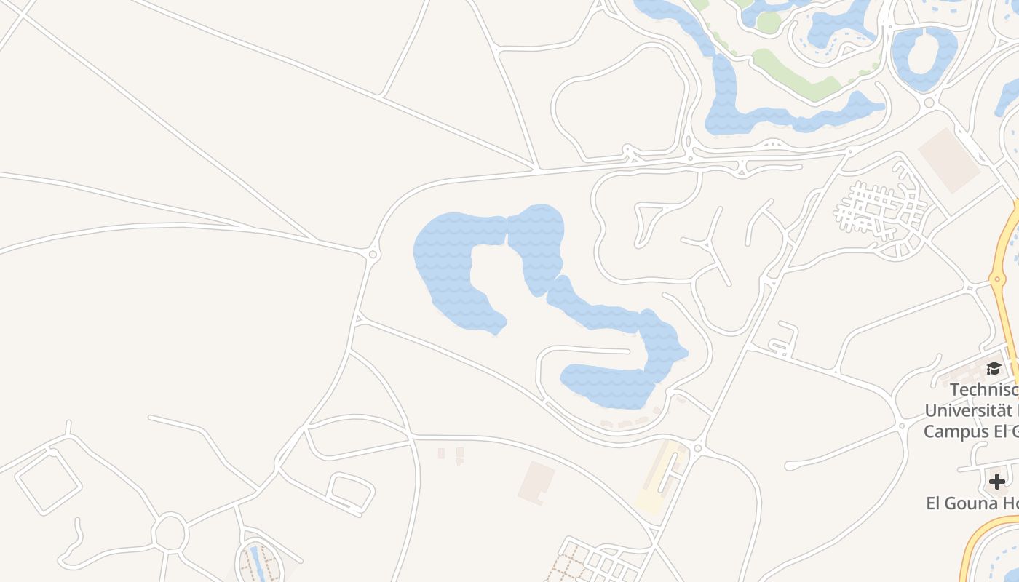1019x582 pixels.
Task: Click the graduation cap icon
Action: pyautogui.click(x=994, y=368)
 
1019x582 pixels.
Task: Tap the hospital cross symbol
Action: pyautogui.click(x=997, y=481)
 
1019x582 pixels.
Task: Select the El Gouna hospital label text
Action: pyautogui.click(x=972, y=503)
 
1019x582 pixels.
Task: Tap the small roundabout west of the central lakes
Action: pyautogui.click(x=373, y=254)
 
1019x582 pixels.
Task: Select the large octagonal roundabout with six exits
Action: pyautogui.click(x=170, y=533)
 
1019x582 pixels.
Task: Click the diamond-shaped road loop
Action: pyautogui.click(x=48, y=482)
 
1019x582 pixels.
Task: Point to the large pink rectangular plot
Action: pyautogui.click(x=949, y=160)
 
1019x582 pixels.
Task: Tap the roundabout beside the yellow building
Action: pyautogui.click(x=697, y=448)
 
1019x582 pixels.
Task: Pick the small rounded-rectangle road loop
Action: pyautogui.click(x=351, y=492)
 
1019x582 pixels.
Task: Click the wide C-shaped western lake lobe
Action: pyautogui.click(x=451, y=269)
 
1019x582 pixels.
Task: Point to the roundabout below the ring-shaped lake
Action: pyautogui.click(x=929, y=103)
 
